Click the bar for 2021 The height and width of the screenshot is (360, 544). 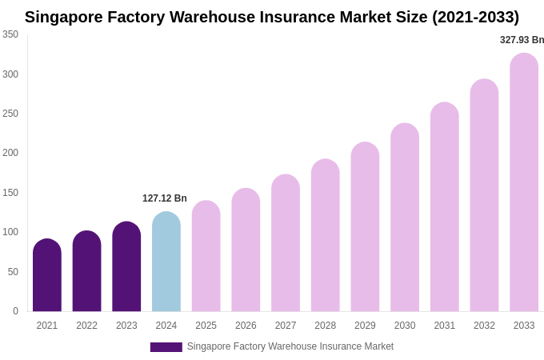[47, 275]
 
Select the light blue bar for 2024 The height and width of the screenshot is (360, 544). [166, 262]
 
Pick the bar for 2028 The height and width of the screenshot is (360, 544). [326, 235]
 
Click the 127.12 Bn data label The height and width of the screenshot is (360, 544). [165, 198]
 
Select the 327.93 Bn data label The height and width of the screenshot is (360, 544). [522, 40]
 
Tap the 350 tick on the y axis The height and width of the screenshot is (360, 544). [10, 34]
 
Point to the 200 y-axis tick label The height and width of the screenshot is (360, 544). [10, 153]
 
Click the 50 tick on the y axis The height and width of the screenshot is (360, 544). [13, 272]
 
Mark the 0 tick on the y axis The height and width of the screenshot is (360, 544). [15, 311]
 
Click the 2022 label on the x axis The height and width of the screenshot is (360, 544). [86, 326]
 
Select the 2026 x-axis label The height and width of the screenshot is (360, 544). [246, 326]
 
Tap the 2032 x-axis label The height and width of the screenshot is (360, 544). [484, 326]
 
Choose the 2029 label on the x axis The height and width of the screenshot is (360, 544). [365, 326]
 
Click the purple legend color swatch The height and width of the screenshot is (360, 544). [166, 347]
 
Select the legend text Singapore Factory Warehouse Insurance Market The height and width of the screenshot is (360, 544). [290, 346]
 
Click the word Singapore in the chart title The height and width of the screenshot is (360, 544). [66, 17]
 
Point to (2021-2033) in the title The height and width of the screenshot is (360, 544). [475, 17]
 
